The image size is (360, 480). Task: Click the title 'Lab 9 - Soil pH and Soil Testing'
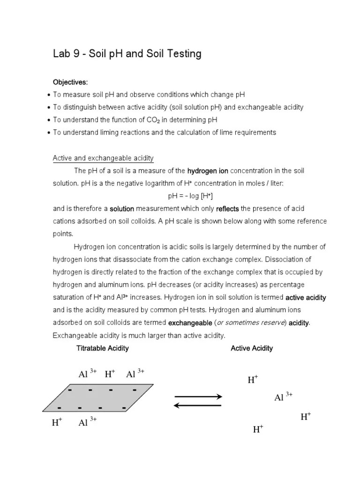[127, 54]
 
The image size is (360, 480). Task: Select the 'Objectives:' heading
[70, 82]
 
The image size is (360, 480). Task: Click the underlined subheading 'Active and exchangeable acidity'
[103, 158]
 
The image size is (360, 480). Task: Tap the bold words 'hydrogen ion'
[208, 171]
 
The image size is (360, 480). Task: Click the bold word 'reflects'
[227, 209]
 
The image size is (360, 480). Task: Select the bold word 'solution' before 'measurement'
[122, 209]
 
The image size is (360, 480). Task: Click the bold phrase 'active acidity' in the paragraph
[306, 298]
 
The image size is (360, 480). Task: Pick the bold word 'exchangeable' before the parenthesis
[190, 323]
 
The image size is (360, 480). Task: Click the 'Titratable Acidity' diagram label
[102, 348]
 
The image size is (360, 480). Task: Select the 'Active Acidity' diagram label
[252, 348]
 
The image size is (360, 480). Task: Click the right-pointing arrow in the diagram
[198, 397]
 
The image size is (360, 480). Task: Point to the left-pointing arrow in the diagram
[198, 406]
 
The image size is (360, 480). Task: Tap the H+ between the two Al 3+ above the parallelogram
[110, 374]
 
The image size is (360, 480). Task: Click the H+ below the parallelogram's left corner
[57, 423]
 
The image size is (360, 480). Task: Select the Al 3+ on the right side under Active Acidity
[283, 397]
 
